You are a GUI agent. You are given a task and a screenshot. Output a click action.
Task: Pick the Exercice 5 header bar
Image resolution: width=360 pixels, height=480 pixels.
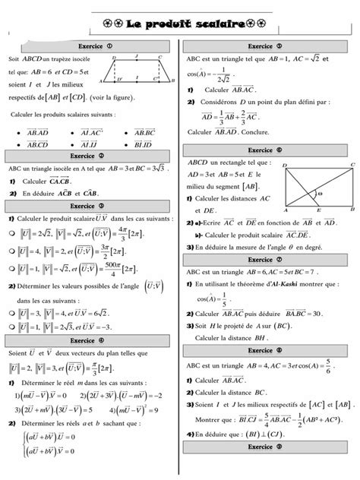(268, 46)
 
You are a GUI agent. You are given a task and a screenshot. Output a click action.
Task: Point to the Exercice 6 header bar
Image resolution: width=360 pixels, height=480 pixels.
(268, 150)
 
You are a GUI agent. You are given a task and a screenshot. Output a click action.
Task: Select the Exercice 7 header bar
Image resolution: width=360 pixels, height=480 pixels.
(268, 260)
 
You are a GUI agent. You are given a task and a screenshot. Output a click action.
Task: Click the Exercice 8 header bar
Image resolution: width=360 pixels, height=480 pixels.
(268, 350)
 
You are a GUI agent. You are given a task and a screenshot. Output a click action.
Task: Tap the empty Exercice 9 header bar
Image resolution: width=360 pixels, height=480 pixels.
(268, 468)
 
